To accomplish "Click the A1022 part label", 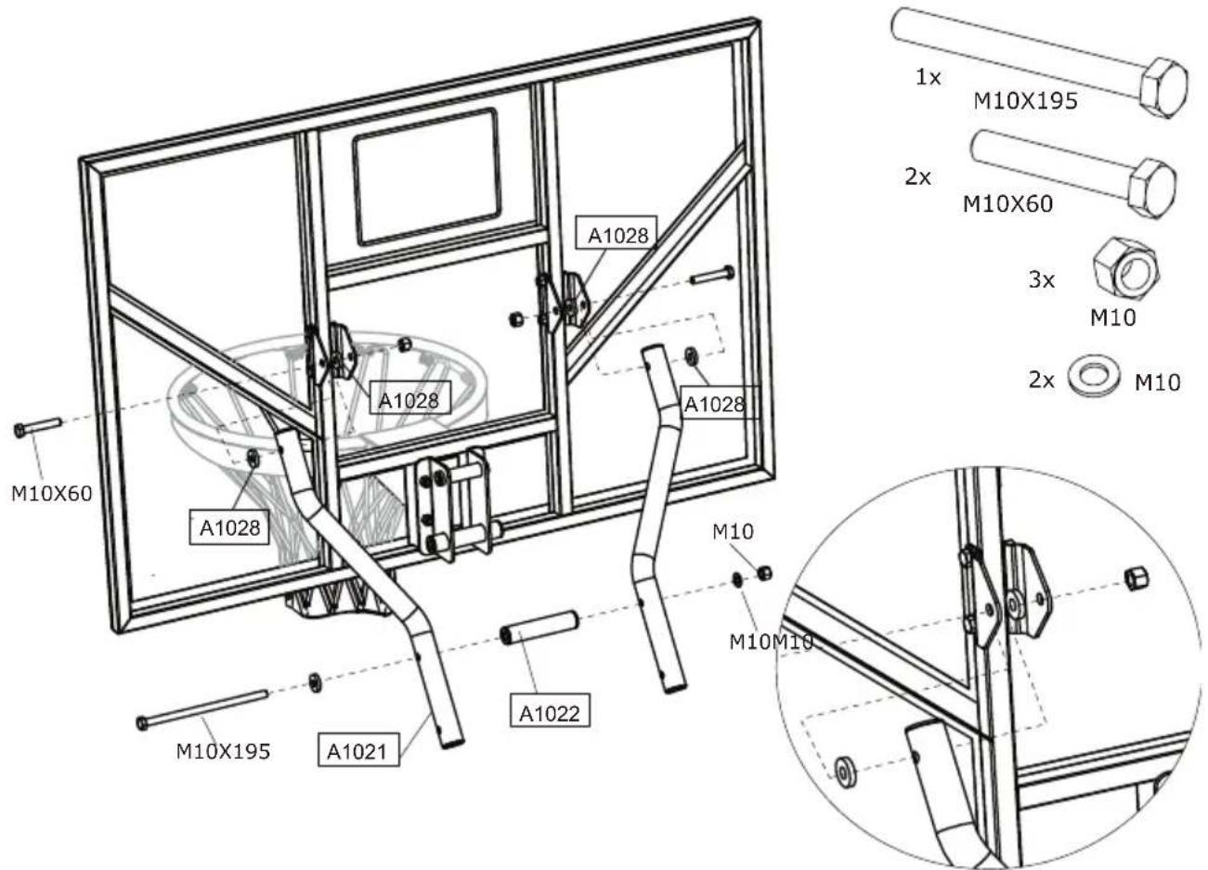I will click(550, 713).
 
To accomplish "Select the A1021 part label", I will click(356, 750).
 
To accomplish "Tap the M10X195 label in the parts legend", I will click(1025, 101).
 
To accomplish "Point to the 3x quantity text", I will click(1042, 279).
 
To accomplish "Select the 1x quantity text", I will click(928, 78).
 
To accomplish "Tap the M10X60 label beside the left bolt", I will click(52, 493).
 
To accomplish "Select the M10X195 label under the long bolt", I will click(223, 750).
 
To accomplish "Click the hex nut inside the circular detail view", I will click(1135, 578).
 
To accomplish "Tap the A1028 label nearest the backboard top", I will click(617, 235).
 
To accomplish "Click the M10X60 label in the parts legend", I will click(1007, 204).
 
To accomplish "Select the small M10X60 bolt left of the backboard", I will click(37, 426).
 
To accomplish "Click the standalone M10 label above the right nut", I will click(733, 532).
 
